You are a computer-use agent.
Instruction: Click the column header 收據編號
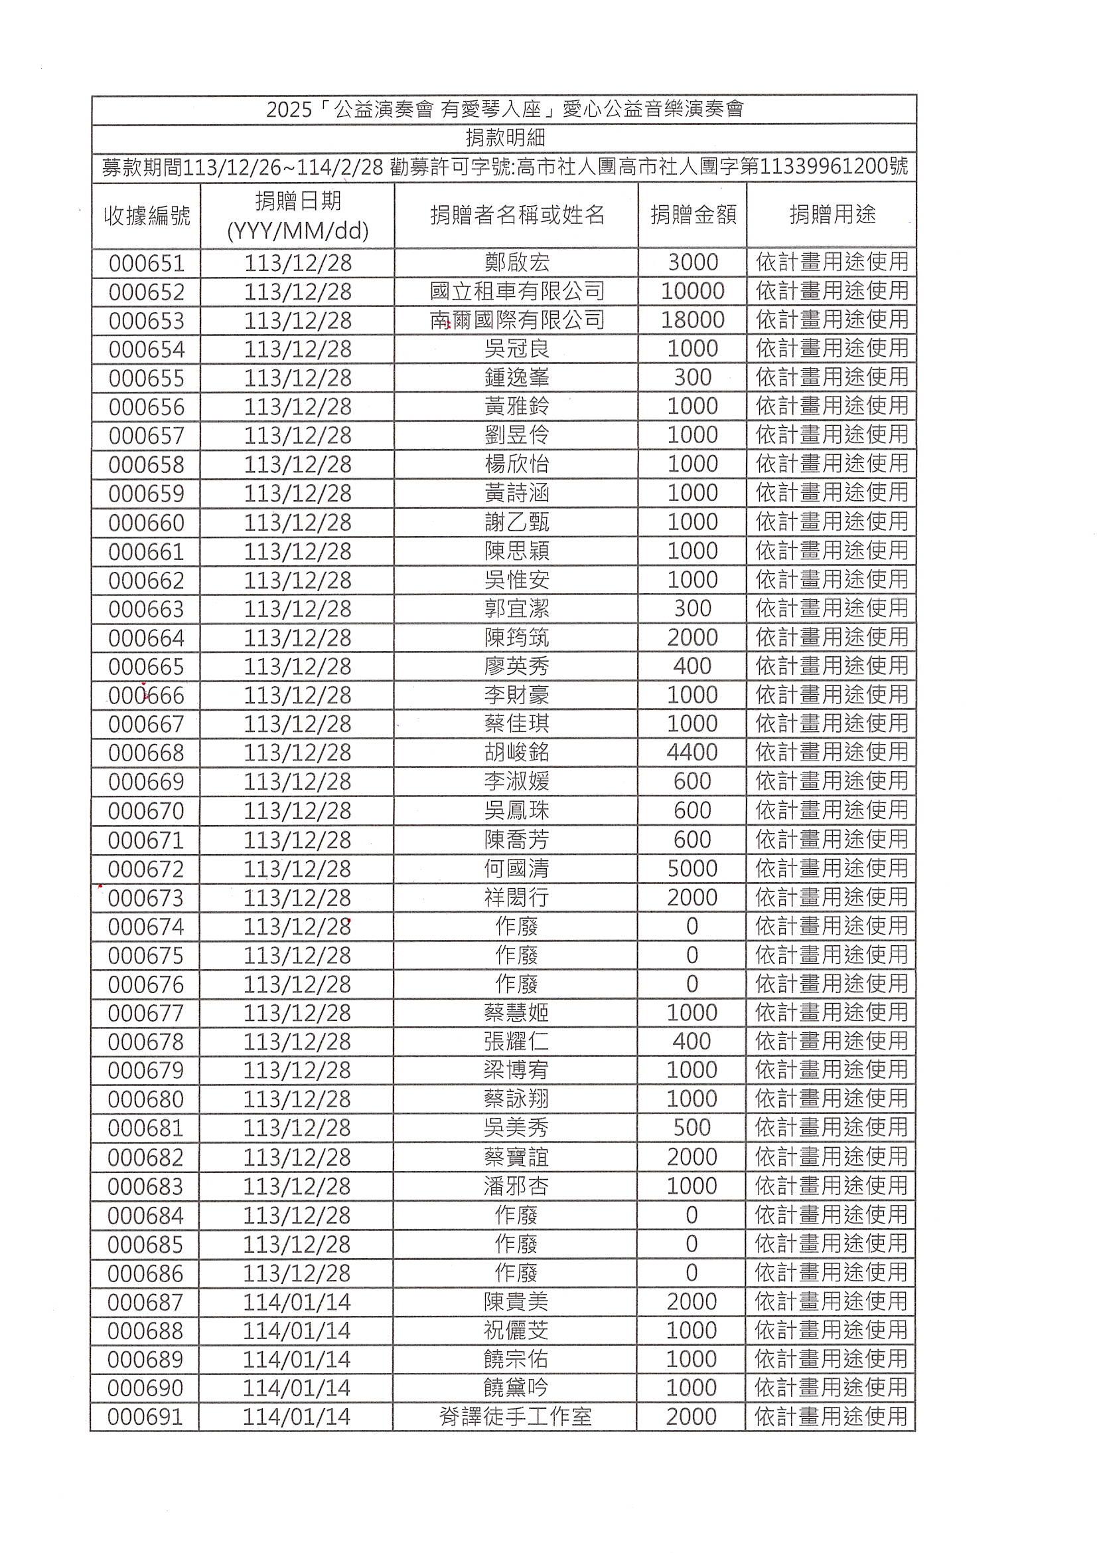pos(147,216)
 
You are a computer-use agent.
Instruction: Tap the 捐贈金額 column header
pos(693,215)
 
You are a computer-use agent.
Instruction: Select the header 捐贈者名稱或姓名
pos(516,215)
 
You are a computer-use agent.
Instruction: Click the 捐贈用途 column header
pos(832,215)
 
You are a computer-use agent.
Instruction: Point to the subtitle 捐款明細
pos(505,138)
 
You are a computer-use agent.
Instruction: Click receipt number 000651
pos(147,263)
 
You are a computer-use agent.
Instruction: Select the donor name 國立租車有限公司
pos(516,292)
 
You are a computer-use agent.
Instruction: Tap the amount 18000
pos(693,320)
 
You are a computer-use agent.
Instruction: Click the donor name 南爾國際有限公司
pos(516,320)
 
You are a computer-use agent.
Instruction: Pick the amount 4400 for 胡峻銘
pos(692,752)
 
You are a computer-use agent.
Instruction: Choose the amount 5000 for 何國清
pos(692,868)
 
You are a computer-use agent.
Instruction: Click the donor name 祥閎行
pos(516,897)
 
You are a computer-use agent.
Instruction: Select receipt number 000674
pos(146,927)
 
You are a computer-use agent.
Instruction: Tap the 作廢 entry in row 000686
pos(516,1273)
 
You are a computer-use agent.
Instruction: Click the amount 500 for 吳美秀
pos(692,1127)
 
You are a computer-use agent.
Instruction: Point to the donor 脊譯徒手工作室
pos(516,1417)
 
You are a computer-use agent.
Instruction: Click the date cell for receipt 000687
pos(297,1302)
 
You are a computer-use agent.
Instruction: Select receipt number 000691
pos(145,1417)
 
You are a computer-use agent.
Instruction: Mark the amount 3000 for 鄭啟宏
pos(693,262)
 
